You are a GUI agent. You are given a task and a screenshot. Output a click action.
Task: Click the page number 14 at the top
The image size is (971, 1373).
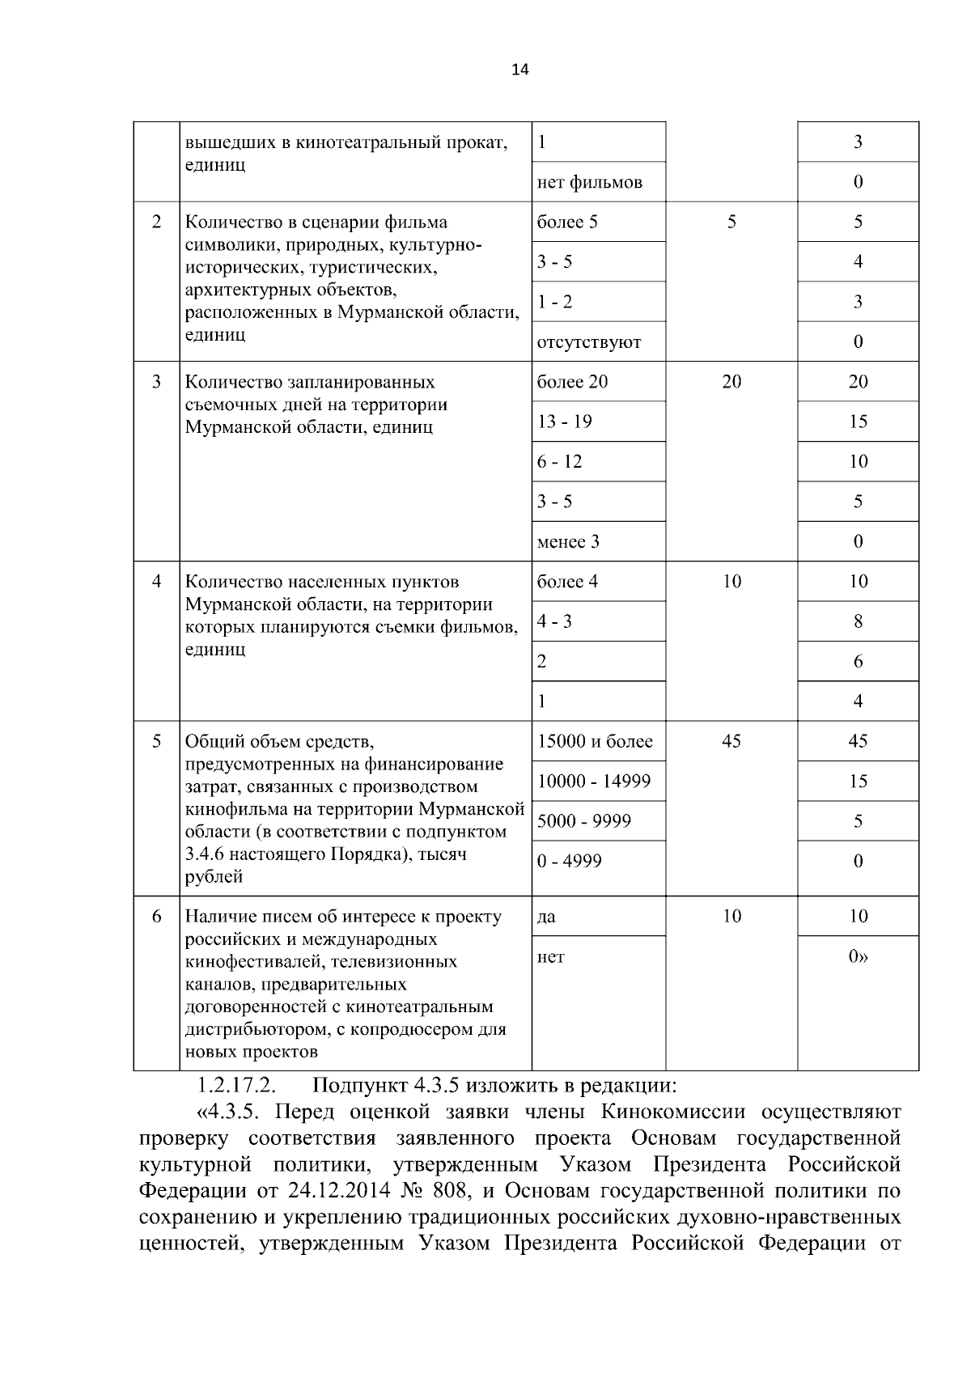pyautogui.click(x=519, y=70)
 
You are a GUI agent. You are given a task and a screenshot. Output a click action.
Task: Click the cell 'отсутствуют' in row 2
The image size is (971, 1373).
pyautogui.click(x=588, y=342)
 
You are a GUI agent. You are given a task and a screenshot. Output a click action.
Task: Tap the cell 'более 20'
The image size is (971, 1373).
pyautogui.click(x=572, y=382)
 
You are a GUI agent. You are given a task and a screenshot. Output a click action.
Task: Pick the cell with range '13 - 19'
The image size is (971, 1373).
pyautogui.click(x=564, y=422)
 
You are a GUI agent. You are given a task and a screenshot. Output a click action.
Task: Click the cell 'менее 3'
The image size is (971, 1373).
pyautogui.click(x=568, y=542)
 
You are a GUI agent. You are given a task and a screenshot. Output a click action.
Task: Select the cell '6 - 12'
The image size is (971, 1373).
pyautogui.click(x=559, y=462)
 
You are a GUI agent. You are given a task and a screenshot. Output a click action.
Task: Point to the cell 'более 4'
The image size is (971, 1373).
pyautogui.click(x=567, y=582)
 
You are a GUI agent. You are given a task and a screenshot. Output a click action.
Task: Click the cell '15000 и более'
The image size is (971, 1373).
pyautogui.click(x=595, y=742)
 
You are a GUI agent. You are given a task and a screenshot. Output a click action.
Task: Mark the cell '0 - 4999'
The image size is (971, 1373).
pyautogui.click(x=569, y=861)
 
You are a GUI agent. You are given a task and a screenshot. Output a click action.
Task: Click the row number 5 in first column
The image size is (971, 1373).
pyautogui.click(x=156, y=742)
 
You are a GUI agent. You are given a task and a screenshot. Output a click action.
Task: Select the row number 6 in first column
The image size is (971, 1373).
pyautogui.click(x=156, y=917)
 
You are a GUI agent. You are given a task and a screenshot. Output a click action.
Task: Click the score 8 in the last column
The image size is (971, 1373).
pyautogui.click(x=858, y=621)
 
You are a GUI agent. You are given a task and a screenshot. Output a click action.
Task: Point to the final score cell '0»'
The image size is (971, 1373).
pyautogui.click(x=858, y=957)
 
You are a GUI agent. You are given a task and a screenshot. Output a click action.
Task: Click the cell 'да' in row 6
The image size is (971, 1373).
pyautogui.click(x=546, y=917)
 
